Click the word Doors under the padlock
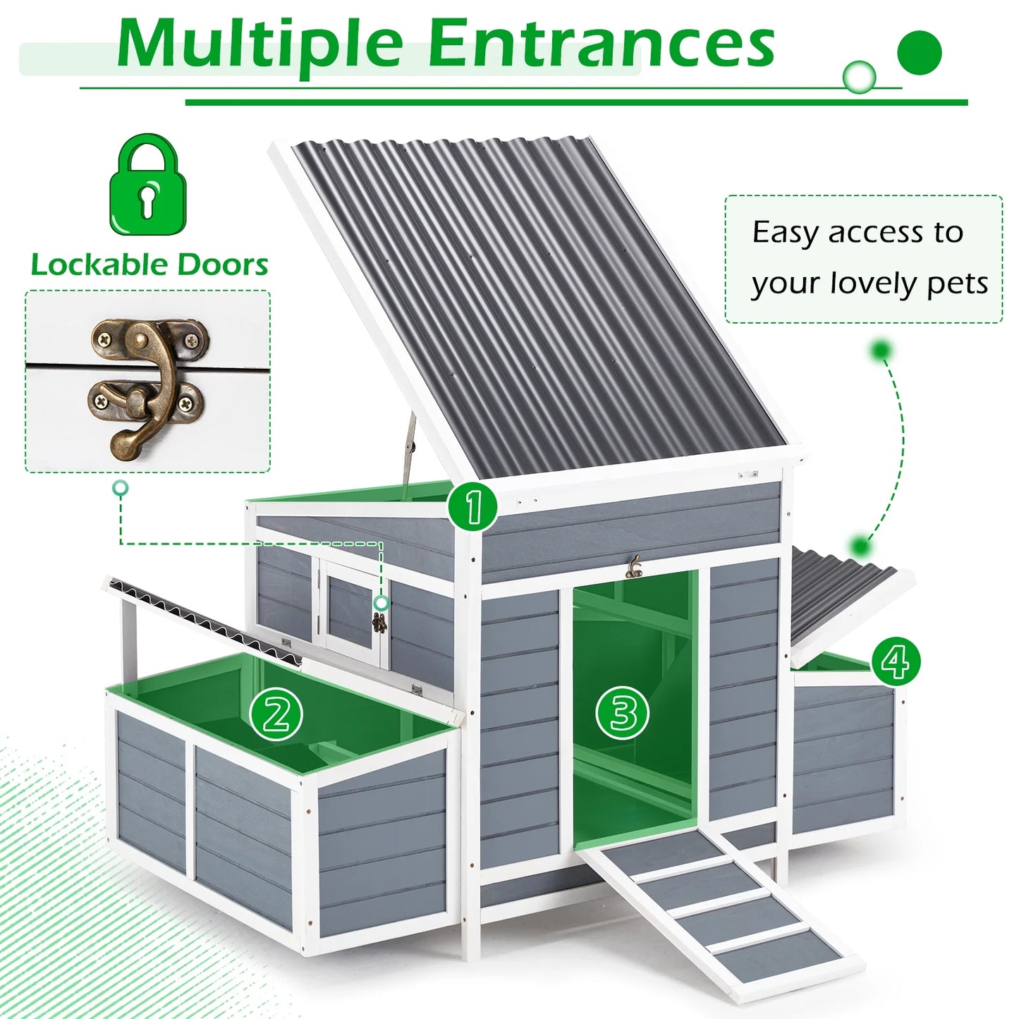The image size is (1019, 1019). click(222, 264)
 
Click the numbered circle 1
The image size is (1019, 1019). click(473, 506)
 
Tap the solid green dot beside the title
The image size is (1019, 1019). click(920, 53)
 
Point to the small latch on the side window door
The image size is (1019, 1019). click(379, 623)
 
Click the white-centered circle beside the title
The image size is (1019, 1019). click(860, 77)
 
